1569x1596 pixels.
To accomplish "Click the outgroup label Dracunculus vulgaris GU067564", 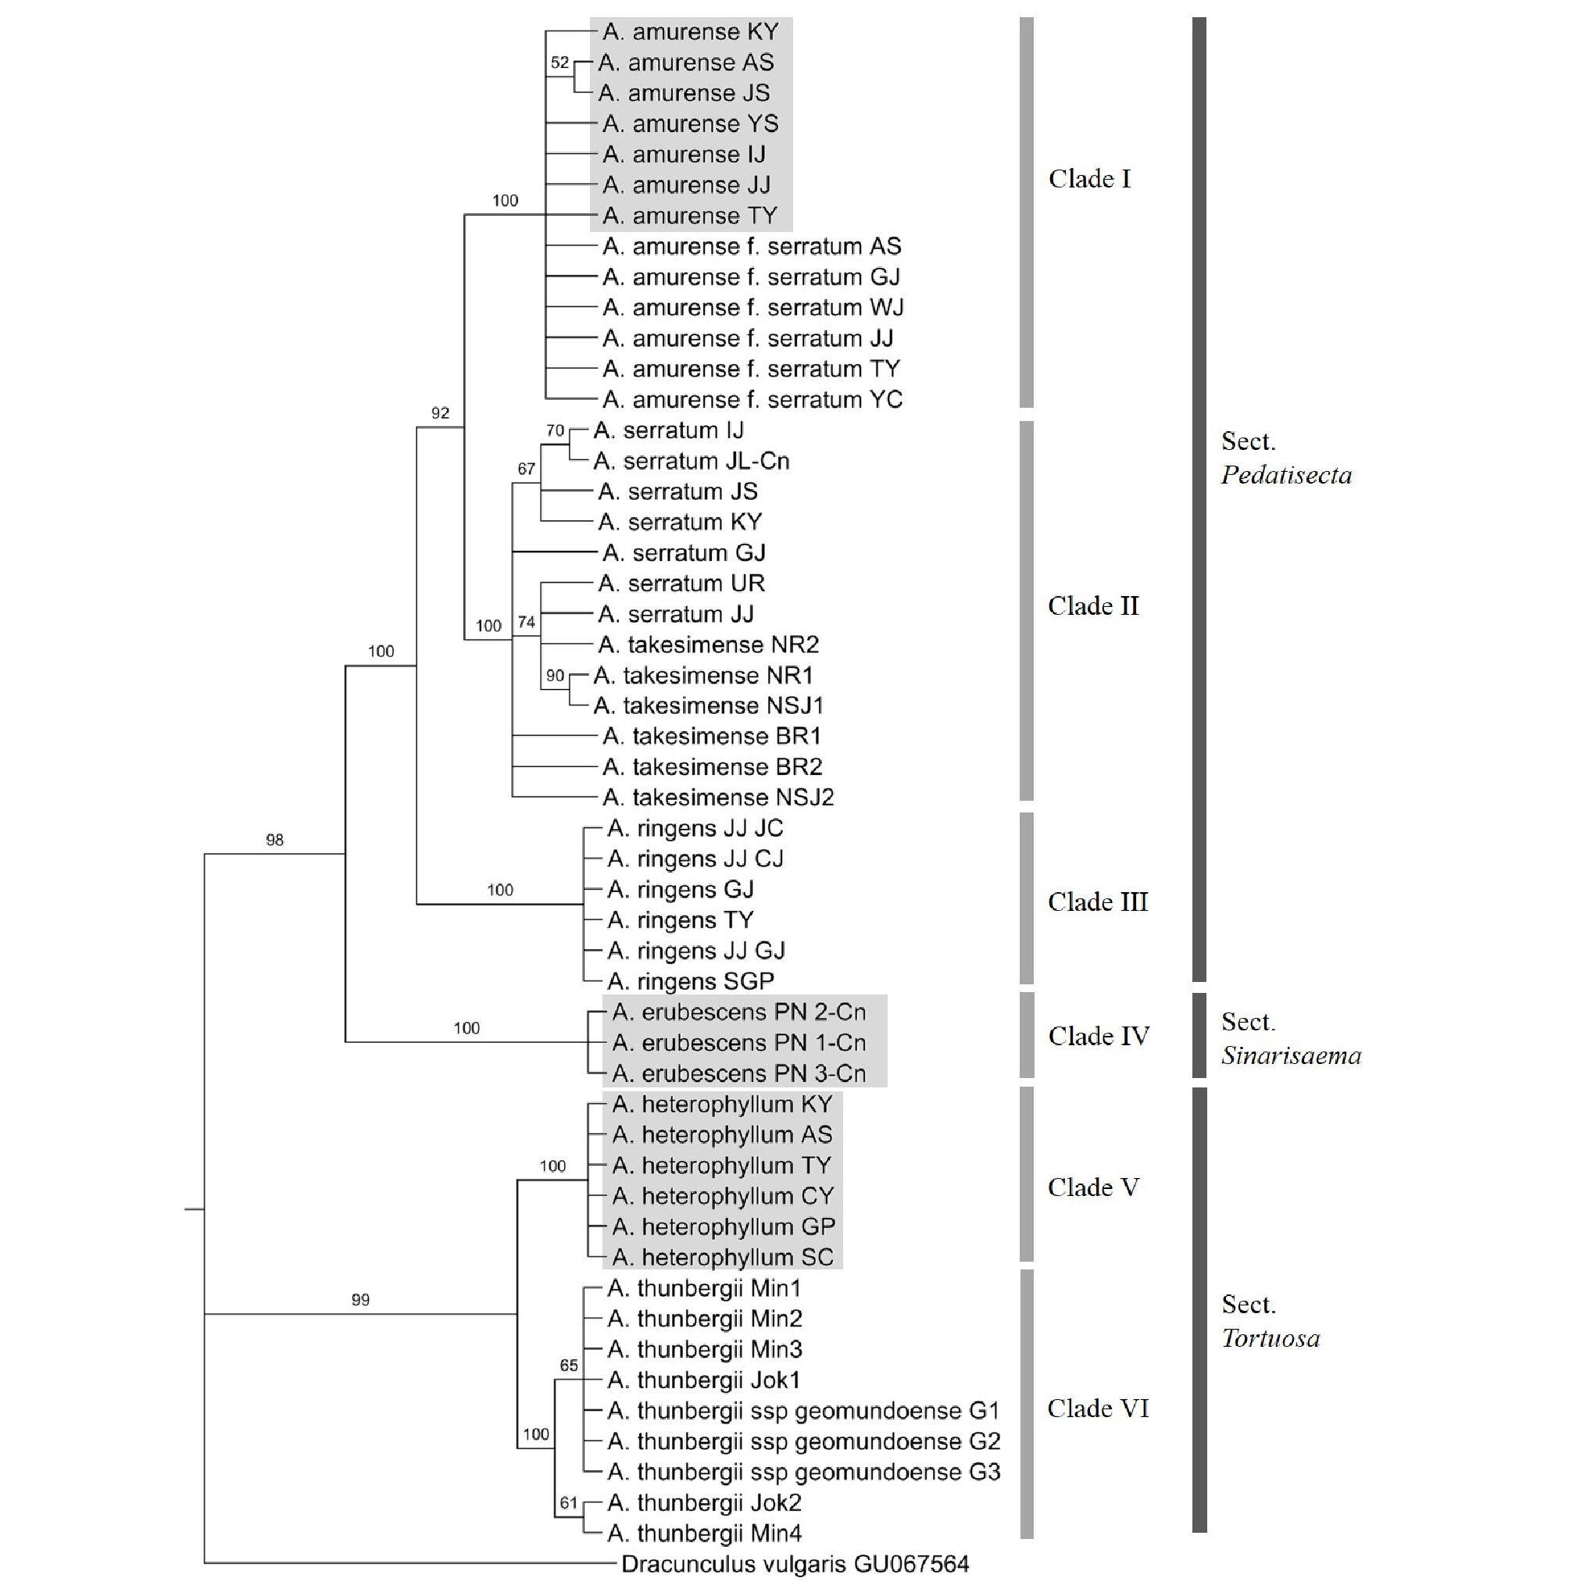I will coord(795,1564).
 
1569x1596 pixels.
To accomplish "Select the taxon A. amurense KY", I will coord(691,32).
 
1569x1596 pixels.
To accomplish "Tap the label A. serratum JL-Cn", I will coord(692,461).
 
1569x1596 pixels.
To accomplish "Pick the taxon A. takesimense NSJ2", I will coord(718,798).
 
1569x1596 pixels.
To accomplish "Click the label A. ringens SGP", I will coord(691,981).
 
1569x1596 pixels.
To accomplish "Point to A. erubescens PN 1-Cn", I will coord(739,1043).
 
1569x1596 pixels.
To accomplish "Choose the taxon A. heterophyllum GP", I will coord(724,1226).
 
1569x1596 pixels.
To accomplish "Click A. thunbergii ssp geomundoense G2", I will coord(803,1442).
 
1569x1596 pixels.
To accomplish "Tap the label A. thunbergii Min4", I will coord(705,1534).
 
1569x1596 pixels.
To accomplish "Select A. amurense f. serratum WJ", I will coord(753,308).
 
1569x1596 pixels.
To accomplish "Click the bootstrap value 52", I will coord(559,62).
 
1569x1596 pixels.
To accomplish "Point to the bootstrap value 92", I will coord(440,412).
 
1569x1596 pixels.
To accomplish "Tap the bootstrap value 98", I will coord(274,840).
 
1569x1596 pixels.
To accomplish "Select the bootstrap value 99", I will coord(360,1300).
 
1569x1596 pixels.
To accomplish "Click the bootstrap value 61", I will coord(568,1503).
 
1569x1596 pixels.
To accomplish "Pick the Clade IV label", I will coord(1099,1037).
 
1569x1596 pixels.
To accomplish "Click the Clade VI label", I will coord(1098,1409).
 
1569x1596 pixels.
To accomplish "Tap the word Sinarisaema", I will coord(1291,1056).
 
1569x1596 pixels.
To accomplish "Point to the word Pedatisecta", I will coord(1285,476).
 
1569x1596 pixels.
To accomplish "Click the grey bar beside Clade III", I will coord(1026,898).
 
